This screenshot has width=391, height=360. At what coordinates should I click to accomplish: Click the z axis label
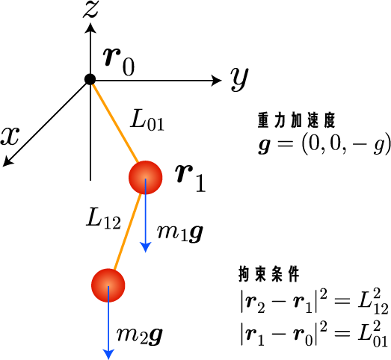pyautogui.click(x=91, y=10)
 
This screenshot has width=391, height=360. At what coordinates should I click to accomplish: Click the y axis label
pyautogui.click(x=239, y=79)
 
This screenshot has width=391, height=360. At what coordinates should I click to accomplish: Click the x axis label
pyautogui.click(x=10, y=136)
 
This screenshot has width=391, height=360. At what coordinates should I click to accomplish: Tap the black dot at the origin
pyautogui.click(x=90, y=79)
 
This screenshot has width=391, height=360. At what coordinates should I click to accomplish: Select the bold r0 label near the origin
pyautogui.click(x=119, y=61)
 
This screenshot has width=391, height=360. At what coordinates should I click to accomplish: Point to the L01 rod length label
pyautogui.click(x=147, y=120)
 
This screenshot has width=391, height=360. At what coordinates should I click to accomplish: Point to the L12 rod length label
pyautogui.click(x=103, y=219)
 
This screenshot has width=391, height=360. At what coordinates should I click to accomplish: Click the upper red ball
pyautogui.click(x=146, y=177)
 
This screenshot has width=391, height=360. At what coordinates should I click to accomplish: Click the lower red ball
pyautogui.click(x=108, y=285)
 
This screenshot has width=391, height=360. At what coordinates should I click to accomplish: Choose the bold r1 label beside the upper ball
pyautogui.click(x=190, y=178)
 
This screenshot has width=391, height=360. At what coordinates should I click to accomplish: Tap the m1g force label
pyautogui.click(x=179, y=233)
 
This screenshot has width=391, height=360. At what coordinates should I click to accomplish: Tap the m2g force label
pyautogui.click(x=140, y=336)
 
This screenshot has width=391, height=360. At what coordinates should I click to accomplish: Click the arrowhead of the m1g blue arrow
pyautogui.click(x=145, y=247)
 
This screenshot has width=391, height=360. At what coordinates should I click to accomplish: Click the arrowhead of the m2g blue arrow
pyautogui.click(x=108, y=354)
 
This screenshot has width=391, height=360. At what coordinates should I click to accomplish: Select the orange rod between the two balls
pyautogui.click(x=127, y=232)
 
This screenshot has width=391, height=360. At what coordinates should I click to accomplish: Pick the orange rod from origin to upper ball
pyautogui.click(x=114, y=122)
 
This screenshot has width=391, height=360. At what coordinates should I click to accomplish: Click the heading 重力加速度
pyautogui.click(x=297, y=121)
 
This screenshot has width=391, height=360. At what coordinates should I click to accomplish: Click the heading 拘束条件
pyautogui.click(x=269, y=274)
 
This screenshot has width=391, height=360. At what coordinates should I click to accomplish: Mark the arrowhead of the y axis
pyautogui.click(x=216, y=81)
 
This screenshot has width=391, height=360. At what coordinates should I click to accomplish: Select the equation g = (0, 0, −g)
pyautogui.click(x=324, y=143)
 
